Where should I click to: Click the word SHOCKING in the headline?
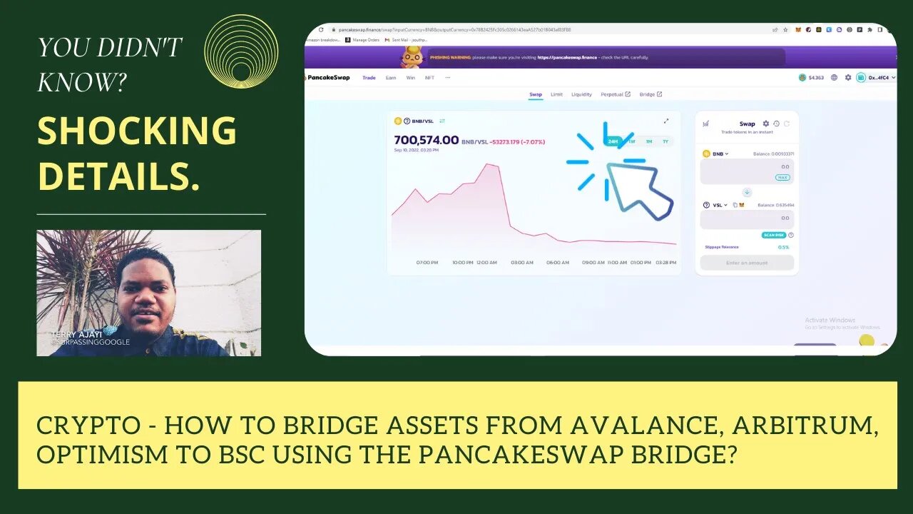coord(137,131)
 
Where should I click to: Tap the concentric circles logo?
coord(241,52)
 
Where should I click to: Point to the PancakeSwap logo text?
coord(328,78)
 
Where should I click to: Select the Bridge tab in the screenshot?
coord(650,94)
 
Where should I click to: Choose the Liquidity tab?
coord(581,94)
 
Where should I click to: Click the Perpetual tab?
coord(614,94)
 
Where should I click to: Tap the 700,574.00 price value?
coord(426,141)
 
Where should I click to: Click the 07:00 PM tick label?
coord(427,263)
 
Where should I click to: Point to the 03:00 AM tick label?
coord(522,263)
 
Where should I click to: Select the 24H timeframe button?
coord(612,141)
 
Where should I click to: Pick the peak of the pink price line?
coord(488,164)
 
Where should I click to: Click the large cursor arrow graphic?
coord(638,189)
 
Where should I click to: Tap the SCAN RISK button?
coord(773,235)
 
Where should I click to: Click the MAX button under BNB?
coord(782,177)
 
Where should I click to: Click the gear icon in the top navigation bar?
coord(848,78)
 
